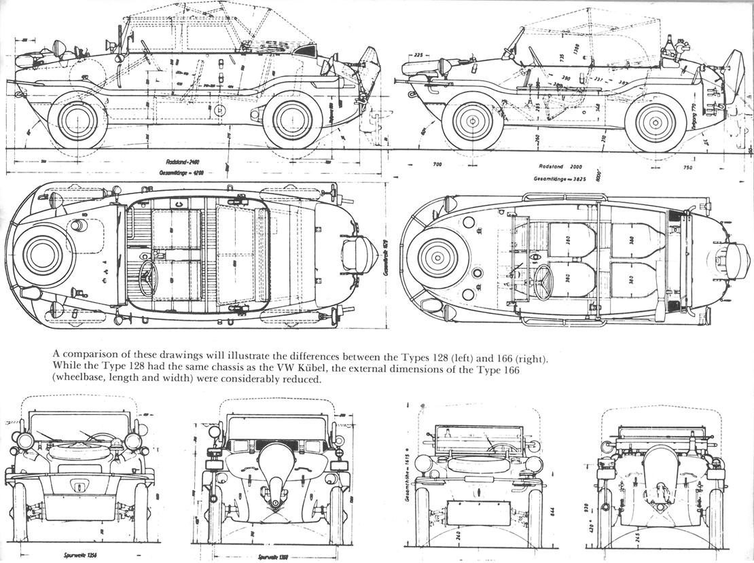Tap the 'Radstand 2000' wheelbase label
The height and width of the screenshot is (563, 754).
(560, 166)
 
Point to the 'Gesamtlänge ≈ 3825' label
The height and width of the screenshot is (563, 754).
(560, 180)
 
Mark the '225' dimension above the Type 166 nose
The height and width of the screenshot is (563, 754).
(418, 55)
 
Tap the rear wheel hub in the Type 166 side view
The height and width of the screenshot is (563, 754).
(656, 124)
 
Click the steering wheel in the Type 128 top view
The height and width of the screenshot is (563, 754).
(149, 276)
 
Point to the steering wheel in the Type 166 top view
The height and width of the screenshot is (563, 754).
(543, 280)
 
